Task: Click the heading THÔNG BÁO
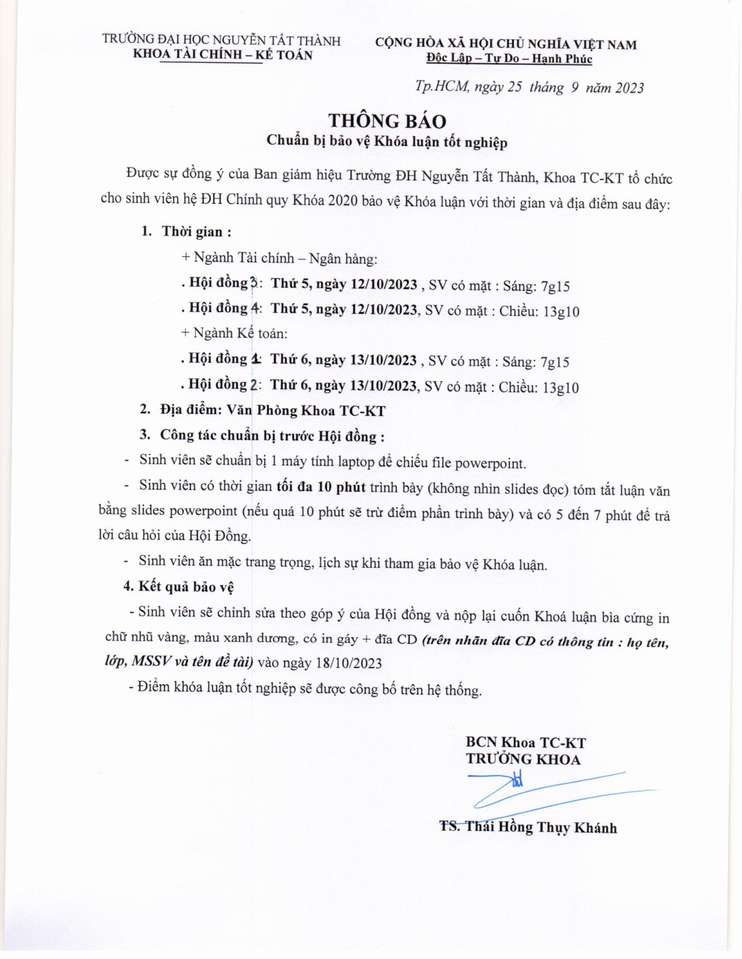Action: click(387, 121)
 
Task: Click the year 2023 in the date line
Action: click(629, 88)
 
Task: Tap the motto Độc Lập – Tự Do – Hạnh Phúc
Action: click(509, 58)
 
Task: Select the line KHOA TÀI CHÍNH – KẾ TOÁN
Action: click(223, 55)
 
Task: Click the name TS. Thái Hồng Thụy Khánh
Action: click(528, 827)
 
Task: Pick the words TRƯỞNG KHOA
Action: click(523, 759)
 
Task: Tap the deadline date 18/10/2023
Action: click(349, 663)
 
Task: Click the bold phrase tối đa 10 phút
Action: click(321, 487)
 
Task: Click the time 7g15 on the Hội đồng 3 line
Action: click(555, 286)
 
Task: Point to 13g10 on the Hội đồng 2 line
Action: click(561, 388)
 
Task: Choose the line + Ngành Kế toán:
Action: click(234, 333)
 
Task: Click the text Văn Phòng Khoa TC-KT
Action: click(305, 411)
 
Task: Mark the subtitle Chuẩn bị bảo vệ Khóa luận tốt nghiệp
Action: click(387, 141)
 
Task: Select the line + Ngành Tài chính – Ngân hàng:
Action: click(280, 258)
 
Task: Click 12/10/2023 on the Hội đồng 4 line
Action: click(384, 310)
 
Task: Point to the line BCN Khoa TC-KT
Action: click(526, 742)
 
